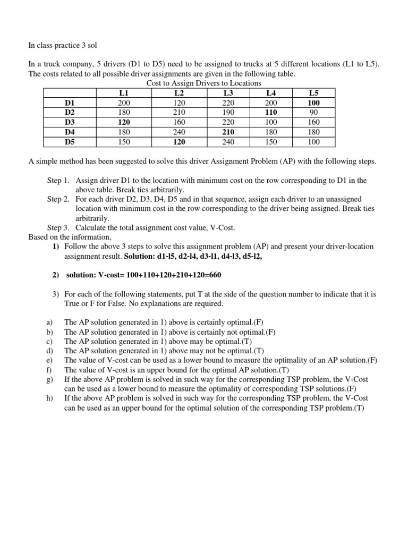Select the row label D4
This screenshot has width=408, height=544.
tap(70, 131)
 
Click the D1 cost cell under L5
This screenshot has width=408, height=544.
tap(314, 103)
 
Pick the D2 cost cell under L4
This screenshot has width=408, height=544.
tap(271, 112)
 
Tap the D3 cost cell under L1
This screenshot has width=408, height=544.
tap(124, 122)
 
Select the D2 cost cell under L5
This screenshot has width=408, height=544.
tap(314, 112)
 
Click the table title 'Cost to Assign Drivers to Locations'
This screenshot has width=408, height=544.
tap(203, 83)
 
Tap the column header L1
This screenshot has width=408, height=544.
tap(124, 93)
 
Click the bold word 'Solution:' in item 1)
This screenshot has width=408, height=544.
tap(140, 256)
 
